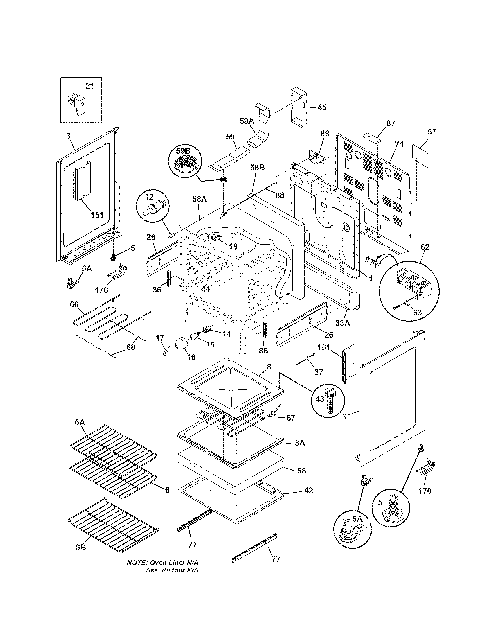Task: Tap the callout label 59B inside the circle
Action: click(x=183, y=151)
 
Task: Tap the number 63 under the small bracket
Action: click(x=417, y=313)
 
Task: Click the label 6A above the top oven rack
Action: click(x=80, y=422)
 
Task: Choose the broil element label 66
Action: click(x=74, y=305)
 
